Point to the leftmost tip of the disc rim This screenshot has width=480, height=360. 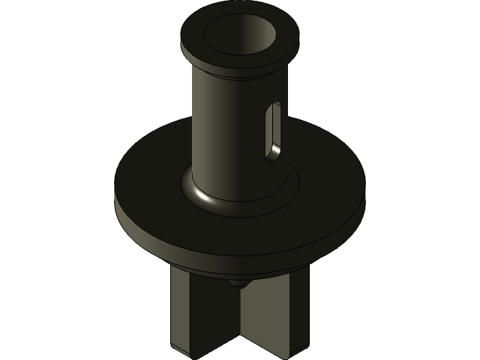pos(115,199)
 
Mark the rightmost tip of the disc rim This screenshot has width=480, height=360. pos(365,196)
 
